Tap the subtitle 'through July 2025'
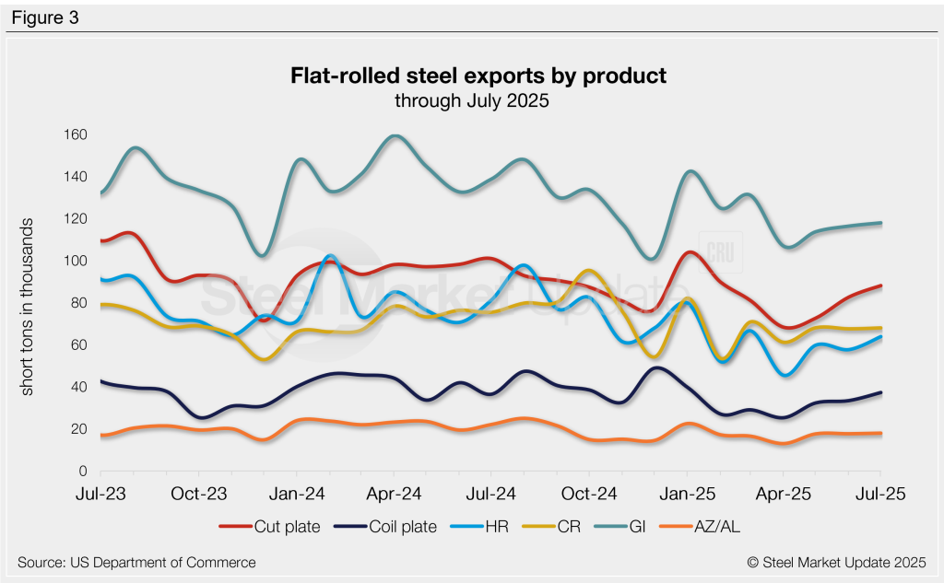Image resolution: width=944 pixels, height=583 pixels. coord(472,101)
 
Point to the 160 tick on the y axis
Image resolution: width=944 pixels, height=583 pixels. coord(75,135)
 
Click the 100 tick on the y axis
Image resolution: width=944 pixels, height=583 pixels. coord(75,262)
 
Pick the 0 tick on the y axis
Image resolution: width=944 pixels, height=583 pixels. coord(81,472)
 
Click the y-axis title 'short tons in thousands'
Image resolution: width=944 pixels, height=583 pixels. coord(29,308)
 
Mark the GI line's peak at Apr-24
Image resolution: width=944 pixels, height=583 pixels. coord(395,136)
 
